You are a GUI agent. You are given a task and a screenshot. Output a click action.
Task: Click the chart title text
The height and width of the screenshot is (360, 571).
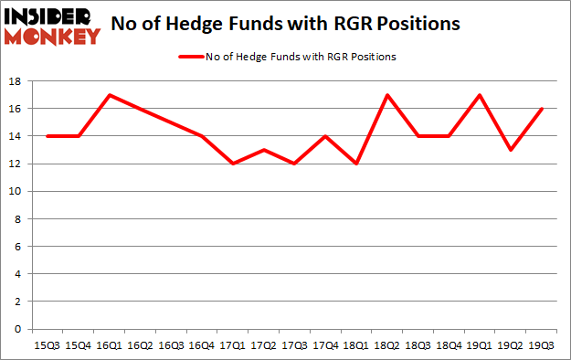(x=285, y=25)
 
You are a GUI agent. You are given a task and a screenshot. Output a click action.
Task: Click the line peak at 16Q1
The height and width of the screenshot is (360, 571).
(x=109, y=95)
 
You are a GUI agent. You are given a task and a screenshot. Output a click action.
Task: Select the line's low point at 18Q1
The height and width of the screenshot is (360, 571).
(x=357, y=164)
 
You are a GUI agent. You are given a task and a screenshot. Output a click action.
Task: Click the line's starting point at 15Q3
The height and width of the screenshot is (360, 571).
(x=47, y=136)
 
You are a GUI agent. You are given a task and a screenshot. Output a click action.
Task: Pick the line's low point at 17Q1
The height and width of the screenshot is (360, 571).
(x=233, y=164)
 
